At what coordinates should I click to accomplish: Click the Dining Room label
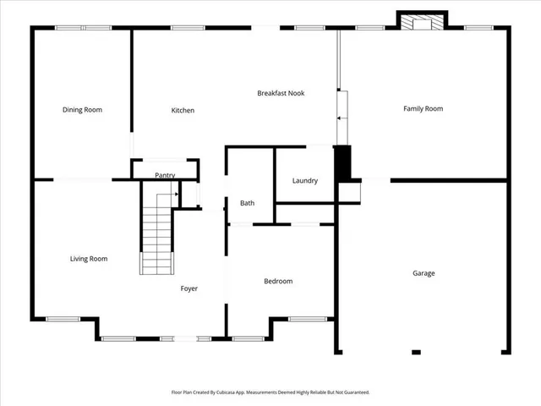click(82, 109)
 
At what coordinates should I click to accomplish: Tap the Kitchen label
click(183, 110)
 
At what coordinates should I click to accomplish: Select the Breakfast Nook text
click(281, 93)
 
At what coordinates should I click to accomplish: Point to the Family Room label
click(423, 108)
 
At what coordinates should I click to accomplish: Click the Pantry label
click(165, 175)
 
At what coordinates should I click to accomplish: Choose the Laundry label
click(304, 180)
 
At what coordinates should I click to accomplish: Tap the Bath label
click(247, 203)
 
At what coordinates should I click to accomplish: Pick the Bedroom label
click(278, 281)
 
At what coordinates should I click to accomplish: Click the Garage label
click(424, 273)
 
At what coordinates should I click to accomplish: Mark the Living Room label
click(88, 259)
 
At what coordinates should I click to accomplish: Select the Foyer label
click(189, 288)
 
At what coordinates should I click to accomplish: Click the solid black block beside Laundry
click(342, 162)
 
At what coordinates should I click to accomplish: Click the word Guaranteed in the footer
click(353, 392)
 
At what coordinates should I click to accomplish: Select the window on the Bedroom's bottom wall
click(305, 319)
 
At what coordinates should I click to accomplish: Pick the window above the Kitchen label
click(187, 28)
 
